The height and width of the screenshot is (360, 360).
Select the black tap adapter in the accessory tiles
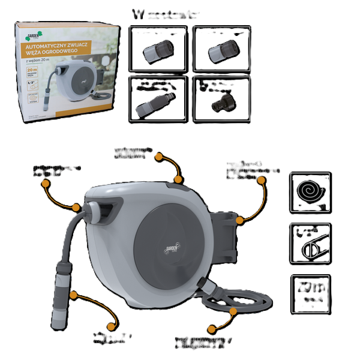click(220, 103)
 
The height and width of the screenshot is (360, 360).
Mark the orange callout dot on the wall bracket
click(240, 221)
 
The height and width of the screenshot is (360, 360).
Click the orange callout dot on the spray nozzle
click(73, 295)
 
